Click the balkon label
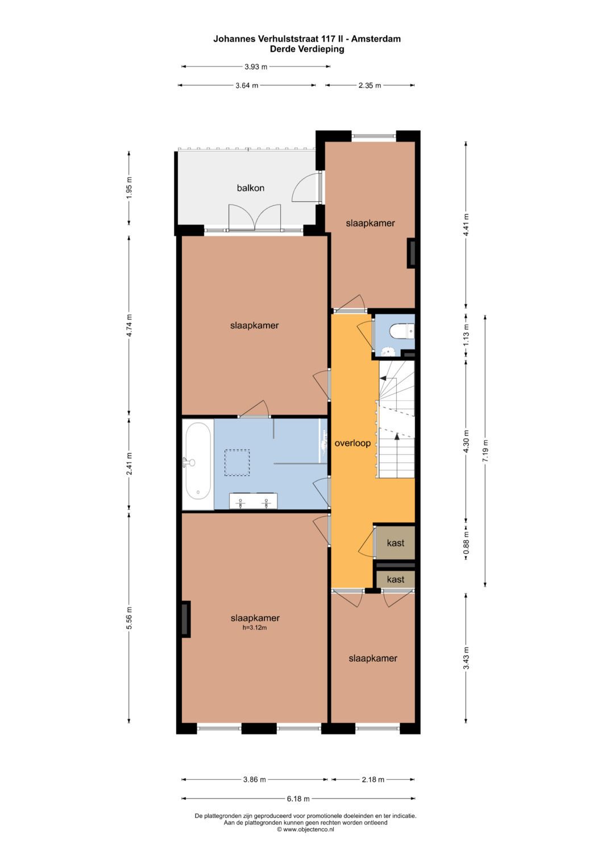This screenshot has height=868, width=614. [250, 188]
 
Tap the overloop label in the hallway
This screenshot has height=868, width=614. [352, 443]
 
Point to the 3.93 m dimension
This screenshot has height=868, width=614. [256, 67]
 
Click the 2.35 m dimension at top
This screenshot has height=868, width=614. [370, 85]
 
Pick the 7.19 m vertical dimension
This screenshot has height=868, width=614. [486, 450]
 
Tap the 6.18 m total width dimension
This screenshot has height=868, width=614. [298, 799]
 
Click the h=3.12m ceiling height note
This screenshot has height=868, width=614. [255, 628]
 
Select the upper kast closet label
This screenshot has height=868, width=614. [396, 543]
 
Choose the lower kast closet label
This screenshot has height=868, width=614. [396, 579]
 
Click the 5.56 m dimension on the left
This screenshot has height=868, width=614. [129, 618]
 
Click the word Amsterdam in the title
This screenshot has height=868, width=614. [376, 39]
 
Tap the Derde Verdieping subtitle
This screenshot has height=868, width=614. [307, 49]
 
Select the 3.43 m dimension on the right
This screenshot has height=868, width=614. [466, 658]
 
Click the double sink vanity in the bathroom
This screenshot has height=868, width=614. [254, 501]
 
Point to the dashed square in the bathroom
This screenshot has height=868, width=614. [237, 463]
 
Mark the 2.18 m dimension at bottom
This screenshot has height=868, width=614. [373, 779]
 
